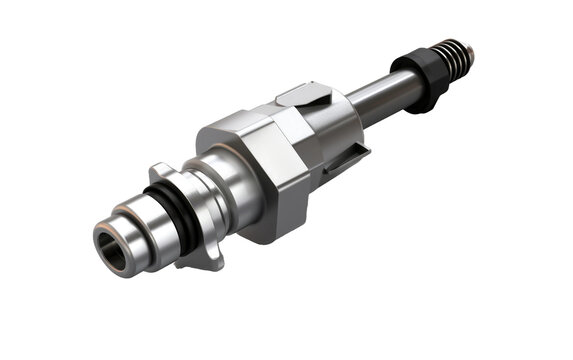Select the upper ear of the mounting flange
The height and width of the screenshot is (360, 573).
160,171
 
